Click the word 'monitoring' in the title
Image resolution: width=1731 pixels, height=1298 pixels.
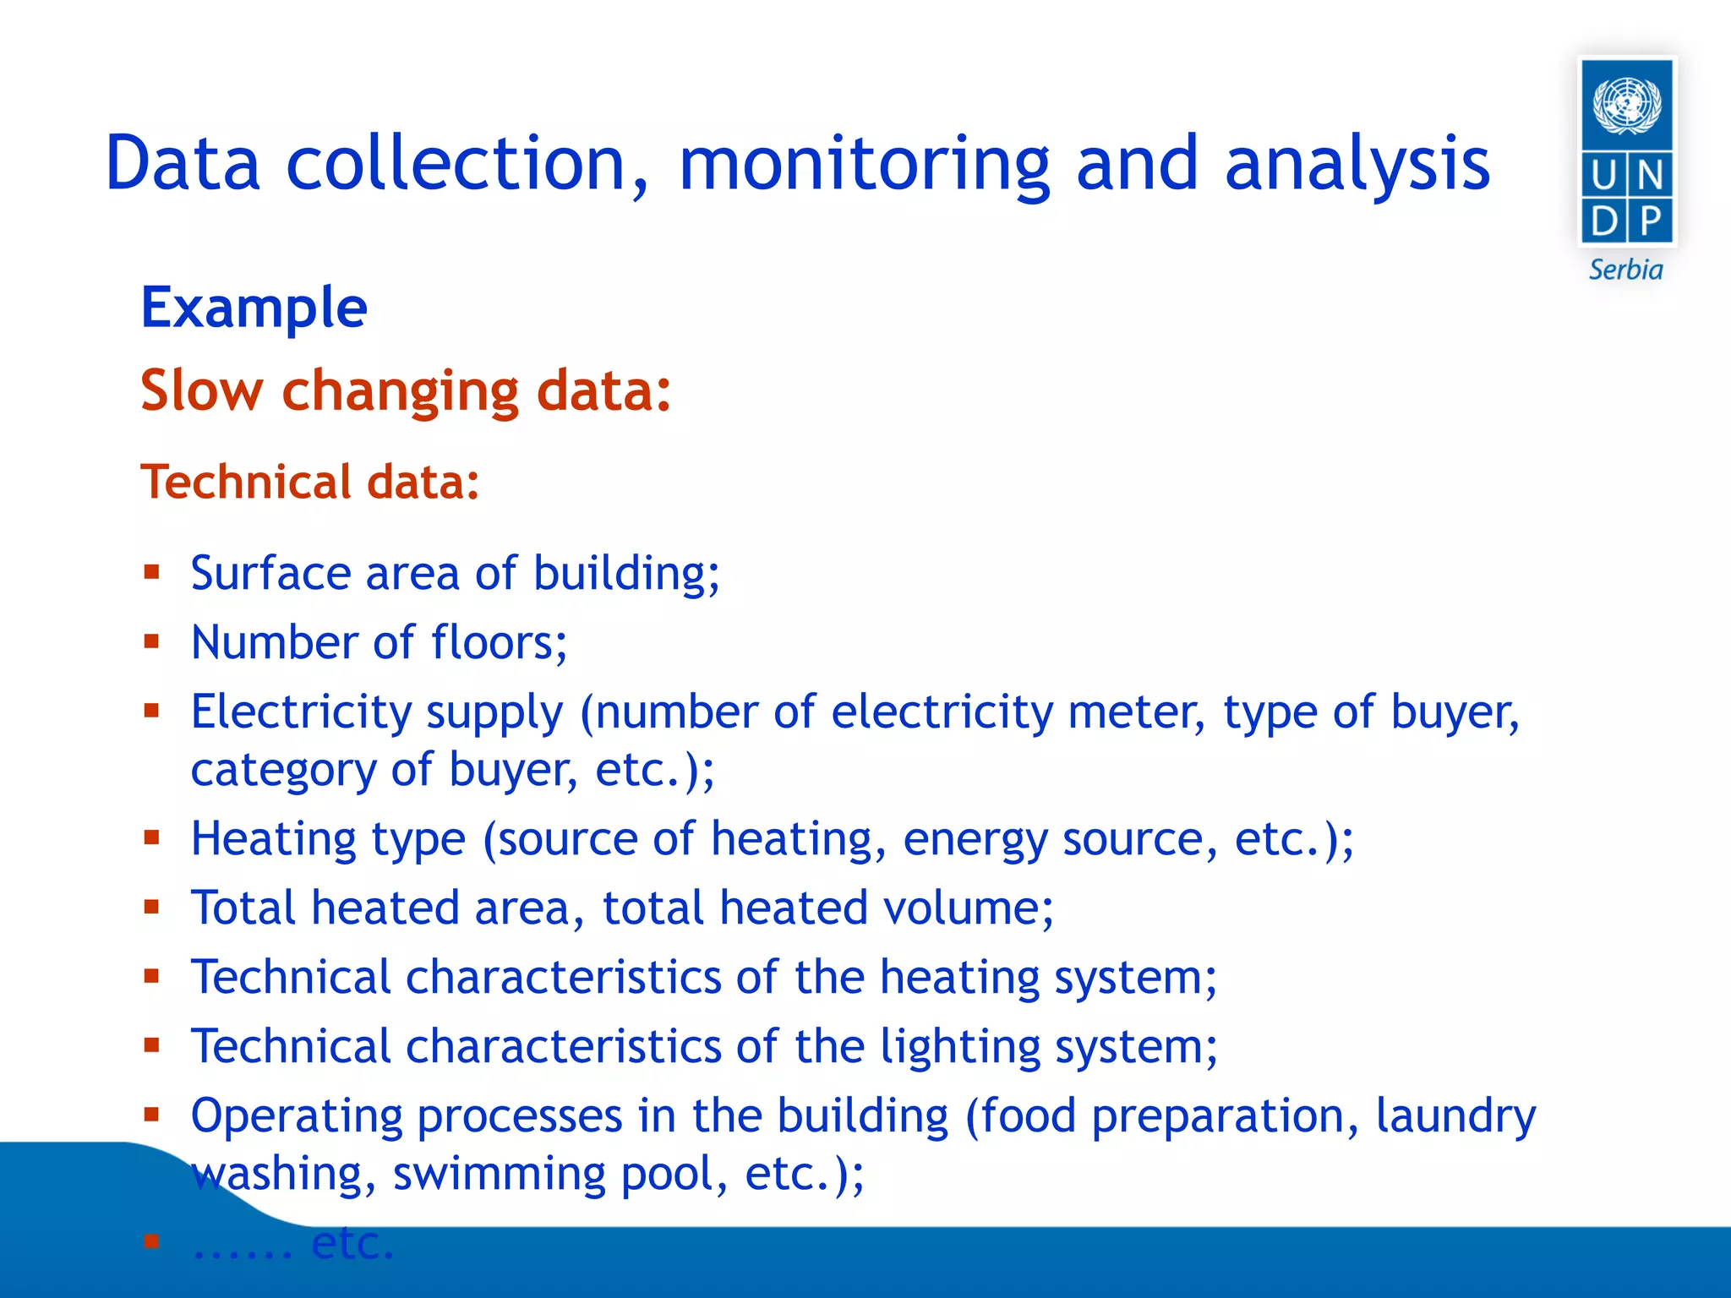864,164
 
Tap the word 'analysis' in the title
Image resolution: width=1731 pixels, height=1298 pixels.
1357,164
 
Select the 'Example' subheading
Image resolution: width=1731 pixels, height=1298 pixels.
254,308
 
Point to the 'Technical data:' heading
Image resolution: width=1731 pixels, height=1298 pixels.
310,482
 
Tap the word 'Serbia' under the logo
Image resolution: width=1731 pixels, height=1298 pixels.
1625,270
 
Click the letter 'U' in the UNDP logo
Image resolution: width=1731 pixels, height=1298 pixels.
1604,176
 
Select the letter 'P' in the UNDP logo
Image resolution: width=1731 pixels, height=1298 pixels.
1651,221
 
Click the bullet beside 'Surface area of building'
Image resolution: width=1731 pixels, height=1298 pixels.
152,573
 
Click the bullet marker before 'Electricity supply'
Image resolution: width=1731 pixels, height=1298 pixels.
152,712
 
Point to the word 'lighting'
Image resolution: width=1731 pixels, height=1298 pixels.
959,1048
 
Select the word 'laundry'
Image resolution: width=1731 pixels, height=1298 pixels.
1455,1117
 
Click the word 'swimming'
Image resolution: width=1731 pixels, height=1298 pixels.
499,1175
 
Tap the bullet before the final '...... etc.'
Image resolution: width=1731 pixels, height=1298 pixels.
152,1241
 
